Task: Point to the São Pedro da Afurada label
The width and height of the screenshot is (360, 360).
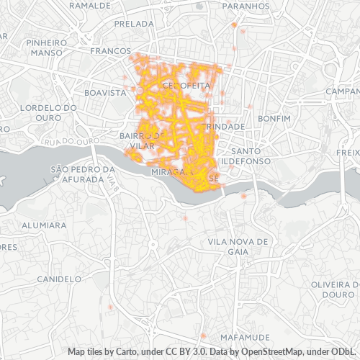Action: (x=83, y=175)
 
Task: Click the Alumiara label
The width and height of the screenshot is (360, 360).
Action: (x=44, y=225)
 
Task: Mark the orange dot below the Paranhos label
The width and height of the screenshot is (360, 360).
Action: (x=234, y=24)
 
